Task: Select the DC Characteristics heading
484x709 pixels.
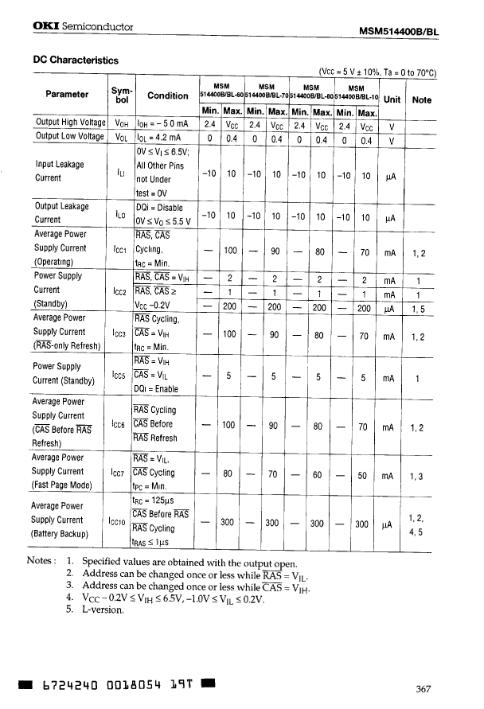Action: point(75,60)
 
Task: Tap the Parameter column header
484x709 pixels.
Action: point(67,94)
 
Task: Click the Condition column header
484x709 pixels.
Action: point(168,95)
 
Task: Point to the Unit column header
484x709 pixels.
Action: point(392,99)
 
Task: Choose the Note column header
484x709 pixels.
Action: point(422,99)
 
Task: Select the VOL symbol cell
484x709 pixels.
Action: point(122,137)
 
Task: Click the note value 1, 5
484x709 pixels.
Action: point(418,310)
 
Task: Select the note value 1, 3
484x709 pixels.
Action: point(418,477)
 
